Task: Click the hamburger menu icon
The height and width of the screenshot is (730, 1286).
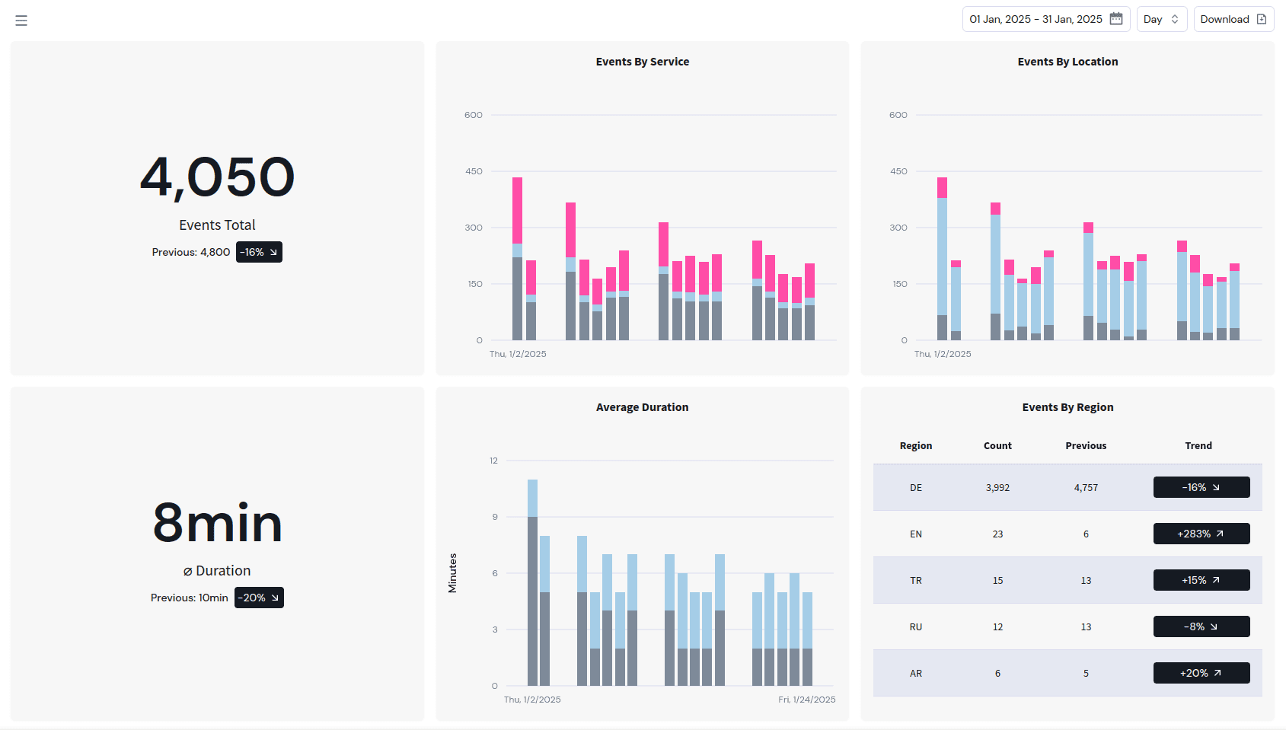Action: click(x=21, y=21)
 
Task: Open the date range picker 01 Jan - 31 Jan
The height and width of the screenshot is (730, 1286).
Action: click(x=1045, y=19)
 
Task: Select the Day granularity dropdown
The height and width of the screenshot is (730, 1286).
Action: click(x=1160, y=19)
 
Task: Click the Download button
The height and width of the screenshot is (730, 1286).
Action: click(x=1233, y=19)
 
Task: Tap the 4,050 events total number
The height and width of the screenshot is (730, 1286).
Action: click(x=217, y=177)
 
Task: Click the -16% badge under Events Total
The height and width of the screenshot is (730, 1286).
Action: click(x=259, y=252)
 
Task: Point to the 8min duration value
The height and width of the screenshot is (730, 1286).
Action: click(x=217, y=523)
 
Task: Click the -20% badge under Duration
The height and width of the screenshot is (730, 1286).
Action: click(x=259, y=598)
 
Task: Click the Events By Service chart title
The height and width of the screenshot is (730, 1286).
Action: click(x=642, y=62)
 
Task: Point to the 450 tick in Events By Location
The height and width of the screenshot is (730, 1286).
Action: click(x=898, y=171)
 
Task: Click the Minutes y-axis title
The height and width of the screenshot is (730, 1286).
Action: click(x=452, y=573)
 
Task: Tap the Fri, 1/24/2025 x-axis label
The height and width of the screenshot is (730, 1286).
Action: click(x=806, y=700)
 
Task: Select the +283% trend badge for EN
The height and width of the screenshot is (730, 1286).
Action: click(x=1201, y=534)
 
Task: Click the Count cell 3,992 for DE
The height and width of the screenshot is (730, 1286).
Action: click(x=997, y=488)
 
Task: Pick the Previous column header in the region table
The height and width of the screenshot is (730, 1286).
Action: click(x=1086, y=446)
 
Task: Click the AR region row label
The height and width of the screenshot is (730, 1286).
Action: click(x=915, y=674)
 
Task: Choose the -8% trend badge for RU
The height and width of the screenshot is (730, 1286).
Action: click(x=1201, y=626)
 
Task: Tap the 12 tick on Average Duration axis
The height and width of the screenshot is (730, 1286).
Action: click(x=493, y=461)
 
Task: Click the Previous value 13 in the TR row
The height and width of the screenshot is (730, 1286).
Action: click(x=1086, y=581)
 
